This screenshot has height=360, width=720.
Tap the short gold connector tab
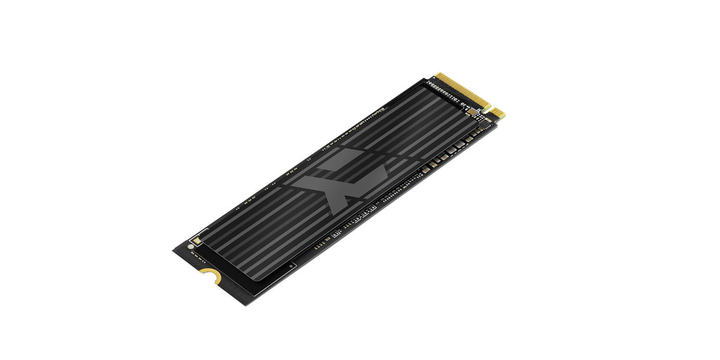pyautogui.click(x=499, y=112)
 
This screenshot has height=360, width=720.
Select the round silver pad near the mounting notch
pyautogui.click(x=191, y=246)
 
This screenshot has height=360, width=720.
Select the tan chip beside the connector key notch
pyautogui.click(x=472, y=111)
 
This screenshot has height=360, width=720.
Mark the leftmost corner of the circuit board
pyautogui.click(x=173, y=250)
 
